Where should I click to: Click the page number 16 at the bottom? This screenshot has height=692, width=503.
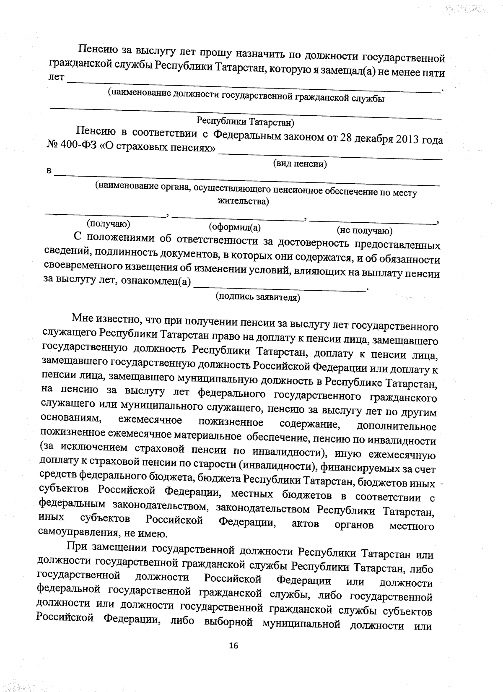(x=233, y=645)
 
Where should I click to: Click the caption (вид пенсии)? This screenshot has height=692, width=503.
(x=300, y=164)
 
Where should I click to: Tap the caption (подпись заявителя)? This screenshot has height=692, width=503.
(x=258, y=297)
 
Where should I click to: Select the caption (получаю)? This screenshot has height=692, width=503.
(x=108, y=224)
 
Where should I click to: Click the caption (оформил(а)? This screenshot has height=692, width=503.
(x=235, y=227)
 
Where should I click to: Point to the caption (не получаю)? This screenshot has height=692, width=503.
(x=365, y=230)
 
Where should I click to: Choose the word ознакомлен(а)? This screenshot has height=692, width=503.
(x=156, y=281)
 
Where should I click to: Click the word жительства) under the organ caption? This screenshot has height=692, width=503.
(x=244, y=202)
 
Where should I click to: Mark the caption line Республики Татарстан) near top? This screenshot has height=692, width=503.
(x=246, y=122)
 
